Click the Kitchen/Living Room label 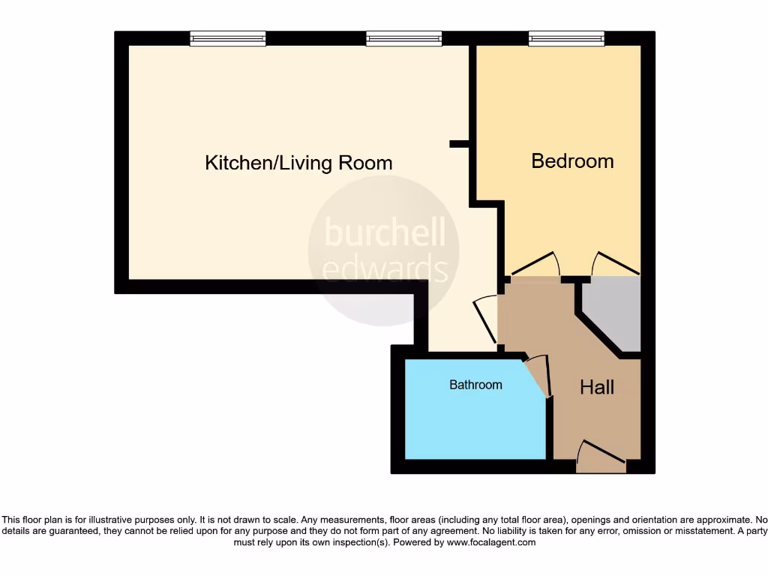click(x=298, y=163)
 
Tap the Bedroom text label click(x=572, y=160)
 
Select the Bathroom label click(x=475, y=385)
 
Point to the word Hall click(x=597, y=387)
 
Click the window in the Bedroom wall click(x=566, y=38)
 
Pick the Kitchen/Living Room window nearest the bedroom click(x=404, y=38)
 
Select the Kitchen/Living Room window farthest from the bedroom click(x=228, y=38)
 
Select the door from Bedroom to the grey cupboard click(x=615, y=263)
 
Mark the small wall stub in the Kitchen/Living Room click(x=458, y=142)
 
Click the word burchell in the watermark click(x=385, y=233)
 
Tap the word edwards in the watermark click(x=385, y=268)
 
